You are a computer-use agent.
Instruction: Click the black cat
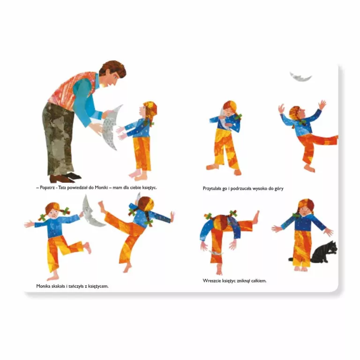click(324, 253)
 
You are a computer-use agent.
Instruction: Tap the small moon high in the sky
click(300, 78)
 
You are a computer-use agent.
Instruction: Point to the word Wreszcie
click(211, 281)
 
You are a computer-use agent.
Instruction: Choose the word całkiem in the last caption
click(259, 281)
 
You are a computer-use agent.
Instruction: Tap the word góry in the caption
click(279, 189)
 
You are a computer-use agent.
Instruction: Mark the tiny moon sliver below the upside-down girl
click(215, 253)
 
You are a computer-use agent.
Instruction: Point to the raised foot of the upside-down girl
click(256, 217)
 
